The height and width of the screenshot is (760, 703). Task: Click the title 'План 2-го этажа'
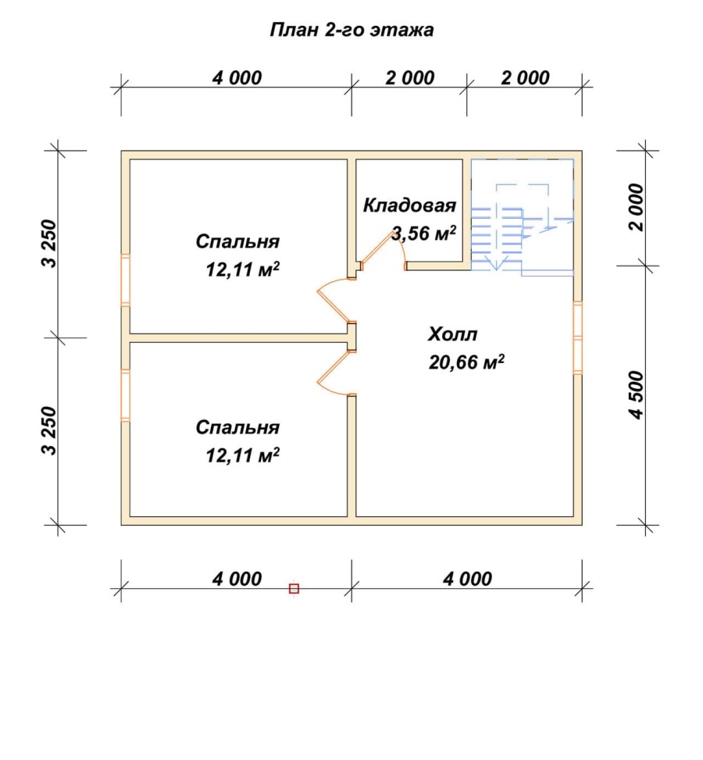(351, 30)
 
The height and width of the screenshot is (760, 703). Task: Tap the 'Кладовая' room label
(409, 205)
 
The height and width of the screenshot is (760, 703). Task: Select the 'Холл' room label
(453, 334)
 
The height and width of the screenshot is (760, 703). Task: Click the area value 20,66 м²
(466, 362)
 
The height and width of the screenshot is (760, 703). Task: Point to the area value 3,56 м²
(423, 233)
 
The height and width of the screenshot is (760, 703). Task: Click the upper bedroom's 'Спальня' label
(237, 241)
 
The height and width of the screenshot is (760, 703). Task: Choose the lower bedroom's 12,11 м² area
(242, 455)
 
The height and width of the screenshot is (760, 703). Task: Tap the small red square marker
(294, 589)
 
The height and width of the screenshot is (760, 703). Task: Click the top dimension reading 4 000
(237, 78)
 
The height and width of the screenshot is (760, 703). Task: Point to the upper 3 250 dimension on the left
(49, 244)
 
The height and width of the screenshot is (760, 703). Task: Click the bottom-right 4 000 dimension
(467, 579)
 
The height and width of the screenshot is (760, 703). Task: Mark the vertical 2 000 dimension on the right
(636, 208)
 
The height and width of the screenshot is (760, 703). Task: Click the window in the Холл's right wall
(578, 338)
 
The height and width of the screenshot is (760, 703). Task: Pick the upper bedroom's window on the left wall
(125, 280)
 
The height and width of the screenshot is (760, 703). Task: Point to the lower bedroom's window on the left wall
(125, 394)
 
